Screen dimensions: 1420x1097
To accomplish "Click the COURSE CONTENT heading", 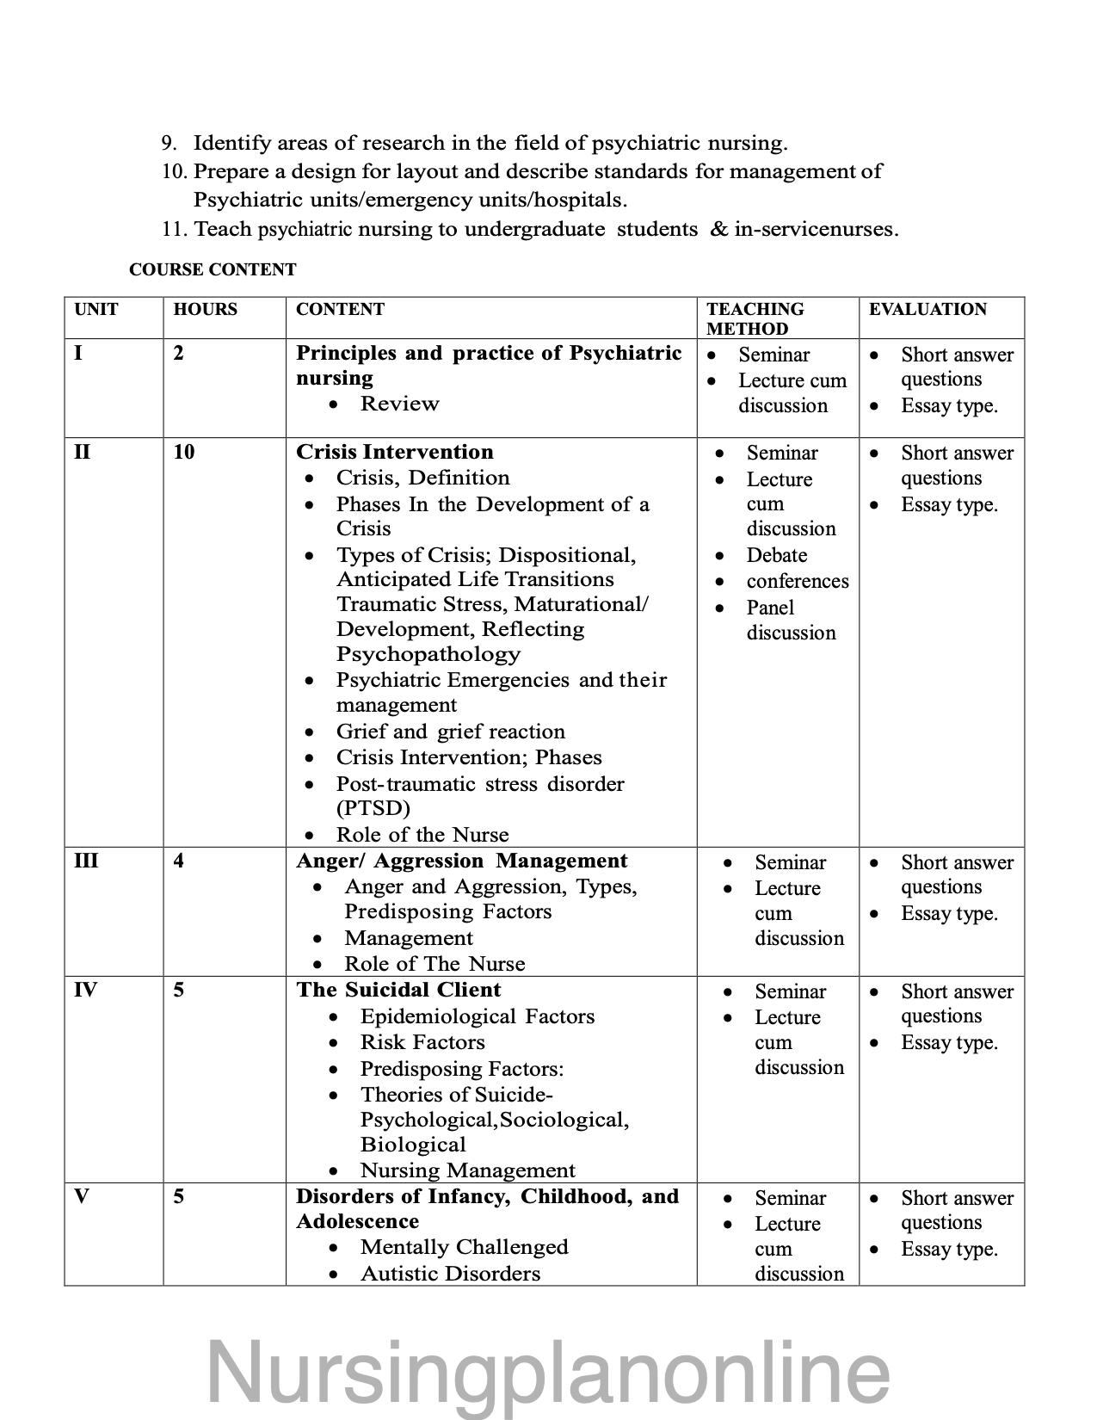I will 212,270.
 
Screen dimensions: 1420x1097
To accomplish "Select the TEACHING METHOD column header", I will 755,318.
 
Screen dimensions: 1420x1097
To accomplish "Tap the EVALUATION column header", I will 928,309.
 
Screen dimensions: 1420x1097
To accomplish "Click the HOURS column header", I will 205,309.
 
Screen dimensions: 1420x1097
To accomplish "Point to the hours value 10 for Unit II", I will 183,452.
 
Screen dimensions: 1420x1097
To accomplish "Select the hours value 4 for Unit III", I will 178,861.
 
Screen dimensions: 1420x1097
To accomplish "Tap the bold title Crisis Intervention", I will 394,452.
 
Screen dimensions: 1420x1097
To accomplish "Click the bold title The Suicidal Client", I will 398,990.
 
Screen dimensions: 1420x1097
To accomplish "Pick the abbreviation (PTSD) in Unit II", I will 373,808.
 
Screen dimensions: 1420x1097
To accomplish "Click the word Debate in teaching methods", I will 776,555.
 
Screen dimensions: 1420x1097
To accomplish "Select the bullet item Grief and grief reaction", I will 450,732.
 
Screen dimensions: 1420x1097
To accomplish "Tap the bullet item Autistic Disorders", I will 450,1274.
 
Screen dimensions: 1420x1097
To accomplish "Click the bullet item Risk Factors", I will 422,1042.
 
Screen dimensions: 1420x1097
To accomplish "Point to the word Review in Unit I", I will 399,404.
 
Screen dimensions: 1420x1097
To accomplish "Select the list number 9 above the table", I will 169,143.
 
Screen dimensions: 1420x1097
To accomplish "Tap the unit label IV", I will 85,990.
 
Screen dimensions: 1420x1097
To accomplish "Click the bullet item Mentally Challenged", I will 464,1247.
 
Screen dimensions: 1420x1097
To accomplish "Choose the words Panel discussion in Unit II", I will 790,620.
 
